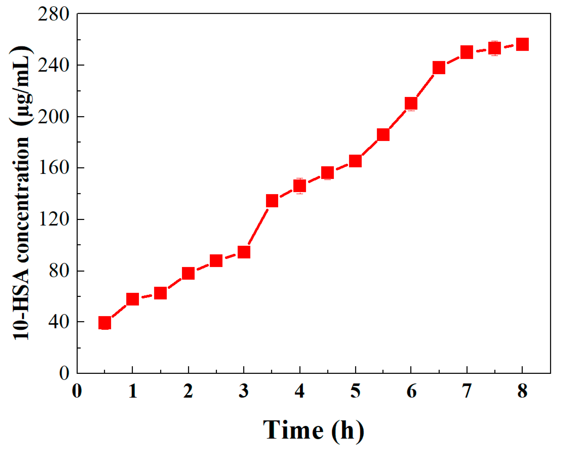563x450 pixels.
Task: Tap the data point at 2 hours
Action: pyautogui.click(x=188, y=273)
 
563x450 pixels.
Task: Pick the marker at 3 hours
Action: pyautogui.click(x=244, y=252)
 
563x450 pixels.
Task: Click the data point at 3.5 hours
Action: pyautogui.click(x=272, y=201)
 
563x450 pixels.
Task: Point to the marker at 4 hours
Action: pyautogui.click(x=300, y=186)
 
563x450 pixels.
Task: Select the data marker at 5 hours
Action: pyautogui.click(x=355, y=161)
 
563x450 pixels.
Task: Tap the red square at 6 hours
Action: pyautogui.click(x=411, y=103)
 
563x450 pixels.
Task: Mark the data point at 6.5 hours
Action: pyautogui.click(x=439, y=68)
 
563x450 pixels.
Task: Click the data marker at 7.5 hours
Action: pyautogui.click(x=495, y=48)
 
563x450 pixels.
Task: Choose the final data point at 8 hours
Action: pyautogui.click(x=522, y=45)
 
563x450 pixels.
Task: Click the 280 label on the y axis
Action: pyautogui.click(x=54, y=14)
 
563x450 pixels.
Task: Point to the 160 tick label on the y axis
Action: pyautogui.click(x=54, y=167)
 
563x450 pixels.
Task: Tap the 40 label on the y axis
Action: pyautogui.click(x=59, y=322)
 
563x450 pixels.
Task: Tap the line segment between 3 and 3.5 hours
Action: pyautogui.click(x=258, y=227)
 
